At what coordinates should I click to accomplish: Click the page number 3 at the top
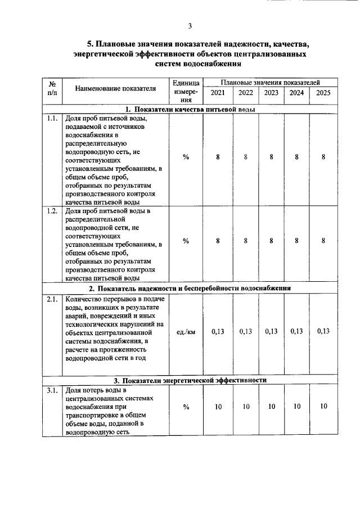(x=190, y=26)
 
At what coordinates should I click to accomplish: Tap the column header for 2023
(x=271, y=93)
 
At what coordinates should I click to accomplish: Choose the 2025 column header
(x=323, y=93)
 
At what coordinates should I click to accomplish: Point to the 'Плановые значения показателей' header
(x=270, y=82)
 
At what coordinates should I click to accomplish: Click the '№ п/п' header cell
(x=52, y=89)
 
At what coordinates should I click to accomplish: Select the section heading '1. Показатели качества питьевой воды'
(x=190, y=109)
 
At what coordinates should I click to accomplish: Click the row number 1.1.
(x=52, y=119)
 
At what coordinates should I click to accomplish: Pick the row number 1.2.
(x=52, y=211)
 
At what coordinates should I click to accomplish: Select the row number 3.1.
(x=52, y=390)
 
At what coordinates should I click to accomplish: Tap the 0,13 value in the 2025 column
(x=323, y=331)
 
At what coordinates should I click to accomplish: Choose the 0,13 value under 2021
(x=217, y=331)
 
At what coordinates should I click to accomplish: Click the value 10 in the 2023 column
(x=271, y=406)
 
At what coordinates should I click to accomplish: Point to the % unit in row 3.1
(x=186, y=406)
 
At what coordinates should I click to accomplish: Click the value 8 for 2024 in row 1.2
(x=296, y=241)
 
